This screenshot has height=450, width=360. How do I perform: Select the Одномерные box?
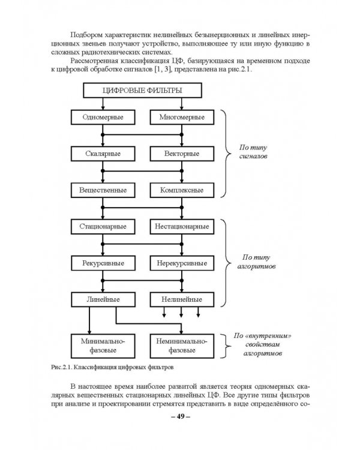tap(103, 117)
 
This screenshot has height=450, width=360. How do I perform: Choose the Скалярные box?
tap(103, 154)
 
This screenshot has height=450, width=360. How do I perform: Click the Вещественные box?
tap(103, 190)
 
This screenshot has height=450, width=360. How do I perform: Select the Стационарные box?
tap(103, 227)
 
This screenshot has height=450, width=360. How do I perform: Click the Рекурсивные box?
tap(103, 263)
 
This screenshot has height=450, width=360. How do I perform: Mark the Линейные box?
tap(103, 299)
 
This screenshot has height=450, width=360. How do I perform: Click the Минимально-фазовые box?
tap(103, 344)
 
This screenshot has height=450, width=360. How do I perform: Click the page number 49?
tap(179, 418)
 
